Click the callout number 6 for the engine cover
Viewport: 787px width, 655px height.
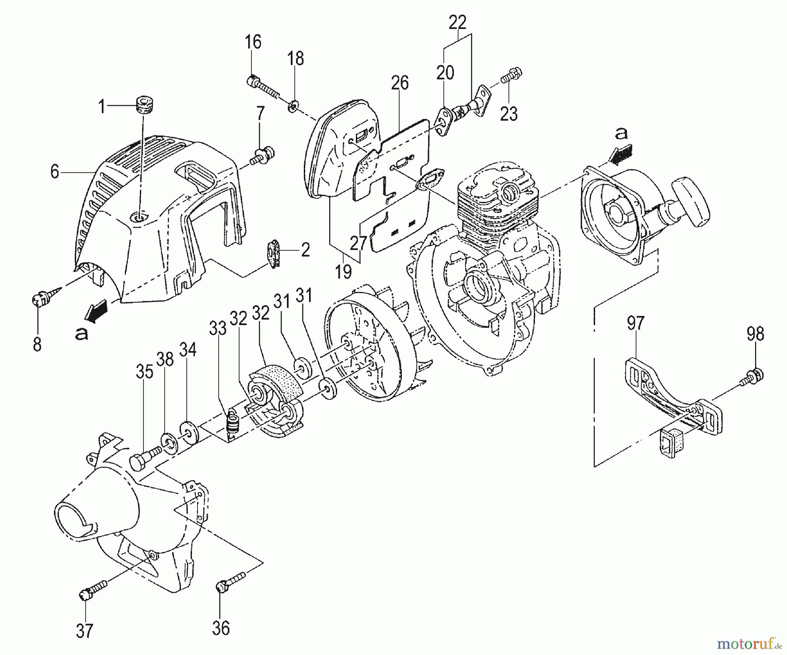(55, 172)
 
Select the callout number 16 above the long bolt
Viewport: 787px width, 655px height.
(253, 42)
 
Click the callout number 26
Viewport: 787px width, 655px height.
(400, 83)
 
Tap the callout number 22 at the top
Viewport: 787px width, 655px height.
(458, 22)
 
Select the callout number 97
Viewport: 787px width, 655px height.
(635, 323)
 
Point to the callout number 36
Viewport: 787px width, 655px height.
(221, 628)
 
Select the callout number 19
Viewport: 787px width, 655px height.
(344, 272)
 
